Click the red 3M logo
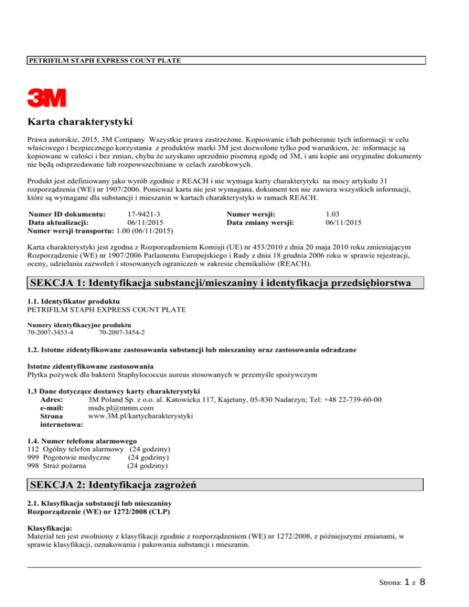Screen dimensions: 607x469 pyautogui.click(x=46, y=98)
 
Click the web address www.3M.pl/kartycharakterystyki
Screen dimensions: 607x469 pyautogui.click(x=140, y=416)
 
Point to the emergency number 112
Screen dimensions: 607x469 pyautogui.click(x=34, y=449)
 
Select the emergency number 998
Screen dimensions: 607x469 pyautogui.click(x=34, y=466)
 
